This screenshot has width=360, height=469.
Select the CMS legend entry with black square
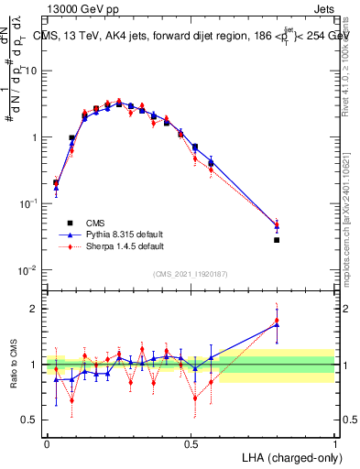[92, 223]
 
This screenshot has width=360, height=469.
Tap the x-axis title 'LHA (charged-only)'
[289, 456]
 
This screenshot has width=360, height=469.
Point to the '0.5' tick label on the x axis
[191, 442]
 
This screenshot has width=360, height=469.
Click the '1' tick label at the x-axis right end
[334, 442]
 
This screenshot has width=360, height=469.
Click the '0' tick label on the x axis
[47, 442]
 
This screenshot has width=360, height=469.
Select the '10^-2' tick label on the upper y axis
[30, 269]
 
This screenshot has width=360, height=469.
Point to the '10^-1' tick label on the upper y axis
[30, 203]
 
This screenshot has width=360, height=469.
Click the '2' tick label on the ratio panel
[36, 309]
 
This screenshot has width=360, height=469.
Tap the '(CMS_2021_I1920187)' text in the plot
[191, 274]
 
